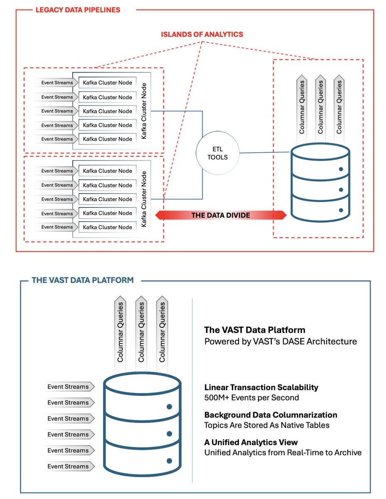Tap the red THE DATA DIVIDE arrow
pyautogui.click(x=221, y=215)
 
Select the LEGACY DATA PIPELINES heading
pyautogui.click(x=78, y=10)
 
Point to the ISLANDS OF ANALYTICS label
pyautogui.click(x=202, y=34)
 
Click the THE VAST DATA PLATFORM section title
pyautogui.click(x=83, y=280)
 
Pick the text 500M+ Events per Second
pyautogui.click(x=252, y=398)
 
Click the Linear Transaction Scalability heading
pyautogui.click(x=261, y=387)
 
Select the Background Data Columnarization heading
pyautogui.click(x=270, y=415)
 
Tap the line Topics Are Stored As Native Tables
pyautogui.click(x=267, y=425)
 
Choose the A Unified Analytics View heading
pyautogui.click(x=251, y=442)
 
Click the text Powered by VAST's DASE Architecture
pyautogui.click(x=280, y=341)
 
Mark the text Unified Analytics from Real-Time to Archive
pyautogui.click(x=283, y=452)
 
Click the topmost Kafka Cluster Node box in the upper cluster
pyautogui.click(x=107, y=83)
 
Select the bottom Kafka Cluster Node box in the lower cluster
pyautogui.click(x=107, y=227)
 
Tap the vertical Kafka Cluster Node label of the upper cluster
pyautogui.click(x=144, y=111)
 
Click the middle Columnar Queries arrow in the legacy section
pyautogui.click(x=320, y=108)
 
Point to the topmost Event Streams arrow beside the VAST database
pyautogui.click(x=69, y=386)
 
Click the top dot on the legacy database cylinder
pyautogui.click(x=341, y=169)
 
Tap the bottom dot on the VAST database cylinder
pyautogui.click(x=169, y=461)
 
